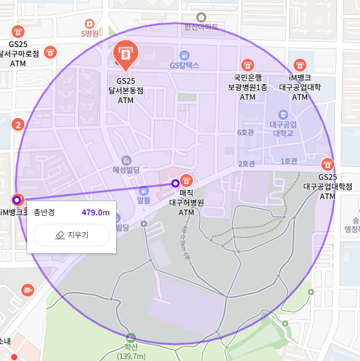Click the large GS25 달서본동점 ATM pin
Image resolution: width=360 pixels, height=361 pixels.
pos(125,54)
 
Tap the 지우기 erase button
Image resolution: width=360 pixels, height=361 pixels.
pos(72,235)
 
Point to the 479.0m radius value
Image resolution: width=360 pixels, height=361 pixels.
pos(95,213)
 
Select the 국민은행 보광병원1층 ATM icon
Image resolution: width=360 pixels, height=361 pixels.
pos(247,65)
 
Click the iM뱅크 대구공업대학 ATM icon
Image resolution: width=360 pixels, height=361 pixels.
pos(300,65)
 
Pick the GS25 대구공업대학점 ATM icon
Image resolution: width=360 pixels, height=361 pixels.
pos(328,164)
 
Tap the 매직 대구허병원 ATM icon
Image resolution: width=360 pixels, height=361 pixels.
pos(186,180)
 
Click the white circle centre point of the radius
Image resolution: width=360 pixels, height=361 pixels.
pos(175,184)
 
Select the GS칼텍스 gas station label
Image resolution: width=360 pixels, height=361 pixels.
pos(185,65)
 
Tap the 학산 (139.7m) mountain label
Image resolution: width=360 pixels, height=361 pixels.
pos(131,351)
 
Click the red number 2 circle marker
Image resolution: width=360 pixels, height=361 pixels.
pos(19,124)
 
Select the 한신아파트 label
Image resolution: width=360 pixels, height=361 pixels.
pos(201,27)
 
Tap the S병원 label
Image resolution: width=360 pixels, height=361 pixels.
pos(90,34)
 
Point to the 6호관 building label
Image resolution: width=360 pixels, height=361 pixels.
pos(246,133)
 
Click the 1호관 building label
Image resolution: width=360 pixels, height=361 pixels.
pos(288,161)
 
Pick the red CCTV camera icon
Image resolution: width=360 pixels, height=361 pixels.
pos(27,291)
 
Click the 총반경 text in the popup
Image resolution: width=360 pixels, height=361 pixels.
pos(45,213)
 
